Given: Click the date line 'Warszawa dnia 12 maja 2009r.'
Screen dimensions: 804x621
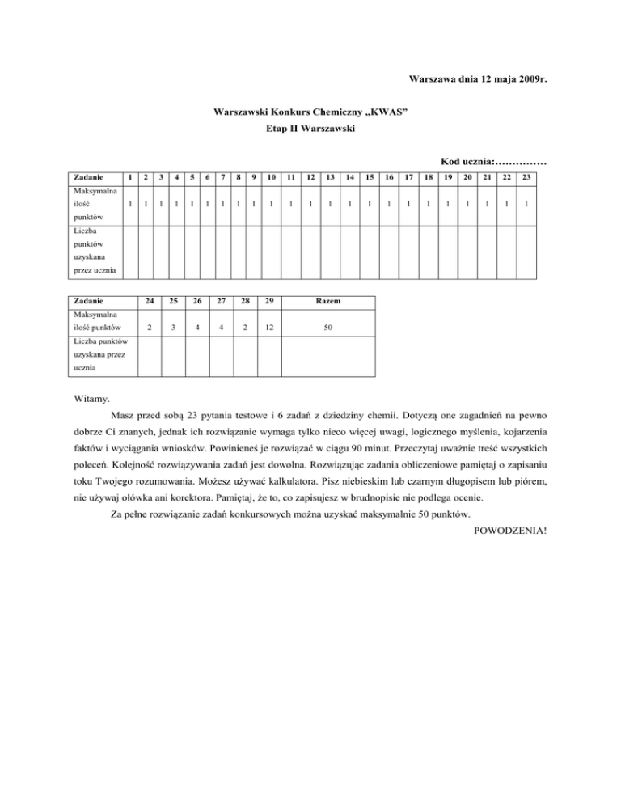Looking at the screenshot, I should click(x=474, y=80).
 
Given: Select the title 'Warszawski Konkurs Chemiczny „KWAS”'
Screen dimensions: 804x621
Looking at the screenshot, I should click(x=310, y=111).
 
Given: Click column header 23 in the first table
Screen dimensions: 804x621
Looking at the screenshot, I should click(x=526, y=176).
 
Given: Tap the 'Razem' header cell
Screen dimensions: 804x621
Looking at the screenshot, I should click(x=328, y=301).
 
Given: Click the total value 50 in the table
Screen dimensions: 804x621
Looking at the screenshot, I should click(x=328, y=328).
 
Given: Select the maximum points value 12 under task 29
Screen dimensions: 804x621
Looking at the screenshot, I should click(x=268, y=328).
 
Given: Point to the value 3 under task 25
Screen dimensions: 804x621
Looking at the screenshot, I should click(x=173, y=328).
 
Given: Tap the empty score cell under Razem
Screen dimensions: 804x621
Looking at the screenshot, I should click(x=328, y=358).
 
